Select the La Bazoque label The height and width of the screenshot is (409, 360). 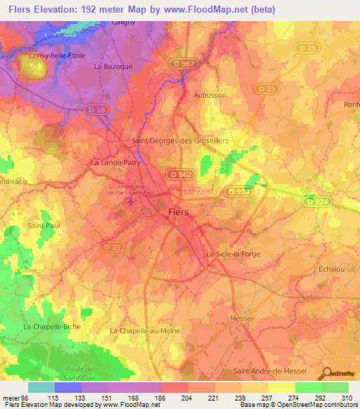click(x=113, y=66)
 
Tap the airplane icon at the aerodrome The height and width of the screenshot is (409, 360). click(x=130, y=202)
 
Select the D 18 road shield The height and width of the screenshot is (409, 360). click(x=95, y=110)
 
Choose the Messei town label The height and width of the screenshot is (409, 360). click(x=241, y=318)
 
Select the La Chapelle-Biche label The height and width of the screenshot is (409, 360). click(x=52, y=327)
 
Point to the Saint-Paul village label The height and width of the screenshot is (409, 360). click(x=41, y=226)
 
